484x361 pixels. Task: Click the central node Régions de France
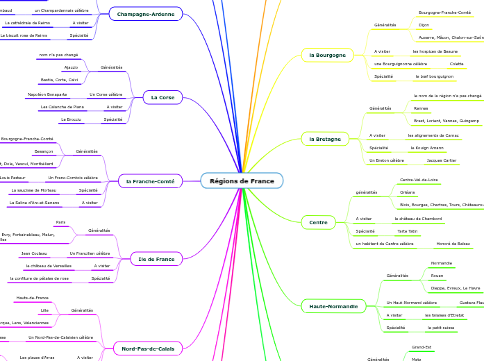(242, 181)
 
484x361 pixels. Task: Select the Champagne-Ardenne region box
(146, 14)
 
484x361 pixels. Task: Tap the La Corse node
(162, 98)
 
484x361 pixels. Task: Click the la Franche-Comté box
(150, 181)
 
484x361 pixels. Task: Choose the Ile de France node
(156, 259)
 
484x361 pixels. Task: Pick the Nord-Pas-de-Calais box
(148, 348)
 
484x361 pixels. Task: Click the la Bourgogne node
(327, 55)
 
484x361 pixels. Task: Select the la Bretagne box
(325, 139)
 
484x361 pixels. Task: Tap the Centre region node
(318, 222)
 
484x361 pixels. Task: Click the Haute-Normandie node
(333, 306)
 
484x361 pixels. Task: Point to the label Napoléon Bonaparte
(47, 94)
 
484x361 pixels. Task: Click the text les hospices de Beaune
(435, 51)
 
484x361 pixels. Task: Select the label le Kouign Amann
(427, 148)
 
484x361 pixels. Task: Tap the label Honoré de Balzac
(453, 244)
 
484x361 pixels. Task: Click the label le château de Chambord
(418, 219)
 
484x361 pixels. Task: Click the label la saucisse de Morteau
(34, 190)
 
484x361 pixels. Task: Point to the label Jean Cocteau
(34, 253)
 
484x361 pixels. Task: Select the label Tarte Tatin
(407, 231)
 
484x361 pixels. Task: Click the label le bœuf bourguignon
(435, 76)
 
